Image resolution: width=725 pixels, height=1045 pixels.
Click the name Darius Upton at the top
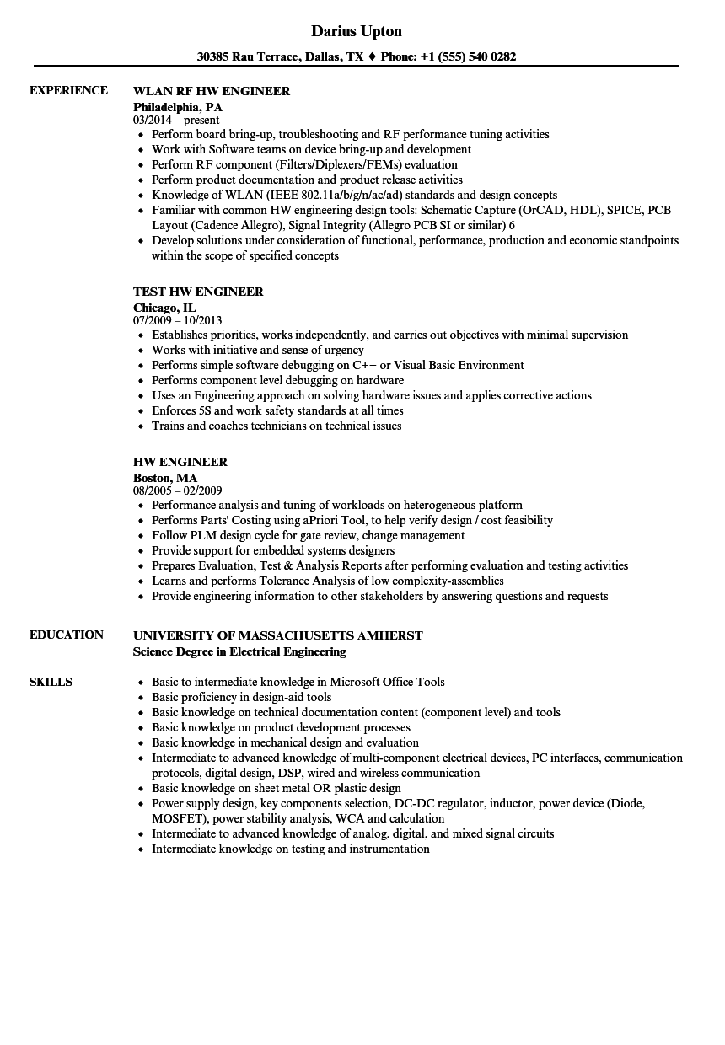click(357, 31)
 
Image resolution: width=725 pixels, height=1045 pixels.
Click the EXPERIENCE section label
click(68, 90)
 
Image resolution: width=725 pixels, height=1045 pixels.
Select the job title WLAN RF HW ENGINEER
click(212, 91)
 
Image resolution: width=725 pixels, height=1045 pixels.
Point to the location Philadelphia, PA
click(178, 107)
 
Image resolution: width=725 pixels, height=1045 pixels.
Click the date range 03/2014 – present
click(176, 121)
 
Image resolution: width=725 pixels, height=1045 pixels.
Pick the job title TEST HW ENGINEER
click(198, 292)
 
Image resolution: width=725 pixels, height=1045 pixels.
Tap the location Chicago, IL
click(164, 308)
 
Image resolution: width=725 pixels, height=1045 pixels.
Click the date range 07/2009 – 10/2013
click(178, 321)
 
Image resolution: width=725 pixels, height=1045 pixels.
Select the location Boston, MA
click(165, 478)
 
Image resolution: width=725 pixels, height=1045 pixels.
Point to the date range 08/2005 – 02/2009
click(178, 491)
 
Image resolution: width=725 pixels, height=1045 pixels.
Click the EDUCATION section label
click(67, 635)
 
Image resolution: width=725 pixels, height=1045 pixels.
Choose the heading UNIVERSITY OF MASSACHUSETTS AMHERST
click(278, 635)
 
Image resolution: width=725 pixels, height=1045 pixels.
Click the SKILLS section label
click(51, 682)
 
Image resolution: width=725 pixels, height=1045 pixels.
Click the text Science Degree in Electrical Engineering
click(239, 651)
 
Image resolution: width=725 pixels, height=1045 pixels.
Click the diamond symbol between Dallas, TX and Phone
click(373, 57)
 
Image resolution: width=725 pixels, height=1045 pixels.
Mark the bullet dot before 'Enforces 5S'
click(141, 411)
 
